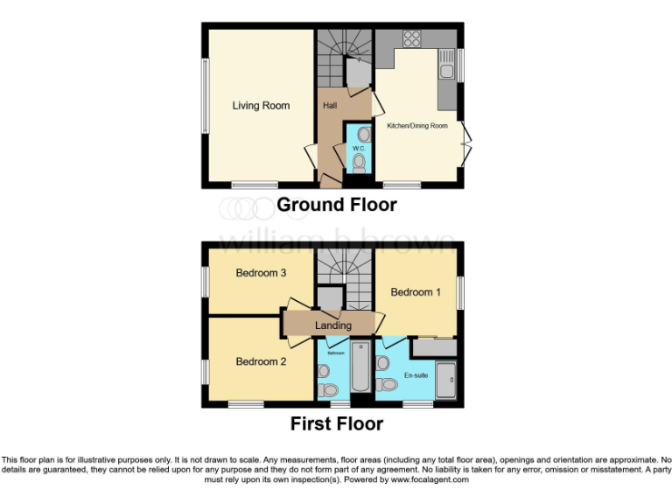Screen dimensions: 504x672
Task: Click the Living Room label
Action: click(x=261, y=106)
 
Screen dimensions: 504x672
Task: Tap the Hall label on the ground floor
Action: click(x=331, y=106)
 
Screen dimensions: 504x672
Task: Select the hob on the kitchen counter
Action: click(x=411, y=38)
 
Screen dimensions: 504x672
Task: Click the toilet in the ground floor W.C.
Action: click(x=359, y=163)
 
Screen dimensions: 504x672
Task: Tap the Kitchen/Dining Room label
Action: click(x=417, y=126)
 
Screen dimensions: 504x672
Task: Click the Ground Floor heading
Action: click(x=337, y=205)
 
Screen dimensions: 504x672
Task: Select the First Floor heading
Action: click(x=337, y=424)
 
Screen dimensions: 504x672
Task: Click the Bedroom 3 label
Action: click(x=261, y=273)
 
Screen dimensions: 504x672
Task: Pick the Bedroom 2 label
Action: click(x=261, y=360)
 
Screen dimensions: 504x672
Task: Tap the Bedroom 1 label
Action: click(x=416, y=292)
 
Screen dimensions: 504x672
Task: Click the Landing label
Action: click(x=333, y=325)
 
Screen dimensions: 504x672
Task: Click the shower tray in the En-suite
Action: click(x=445, y=378)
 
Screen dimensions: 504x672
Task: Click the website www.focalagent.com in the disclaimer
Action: click(x=430, y=479)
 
